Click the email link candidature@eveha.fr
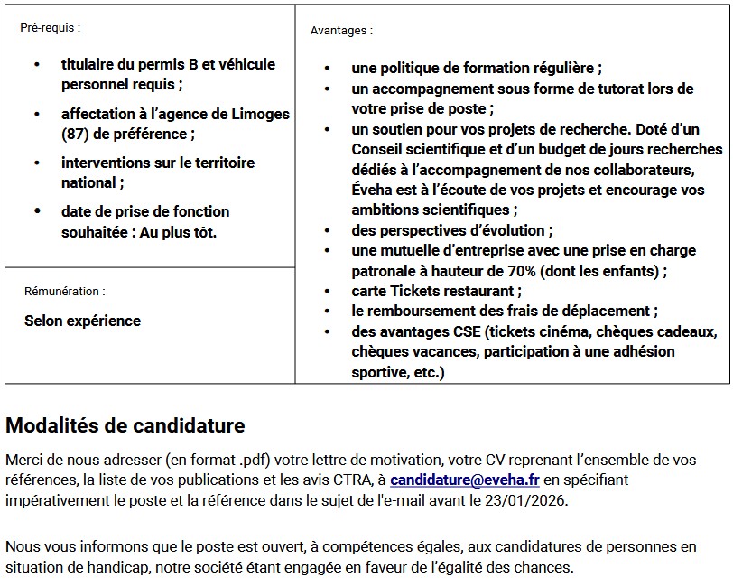tap(465, 480)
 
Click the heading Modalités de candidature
tap(125, 425)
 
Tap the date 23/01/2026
tap(535, 500)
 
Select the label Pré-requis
tap(50, 28)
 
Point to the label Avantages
tap(340, 30)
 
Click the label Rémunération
tap(64, 292)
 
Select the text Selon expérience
tap(82, 321)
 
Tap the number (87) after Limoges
tap(76, 134)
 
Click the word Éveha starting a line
tap(372, 191)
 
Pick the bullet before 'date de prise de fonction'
tap(37, 211)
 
